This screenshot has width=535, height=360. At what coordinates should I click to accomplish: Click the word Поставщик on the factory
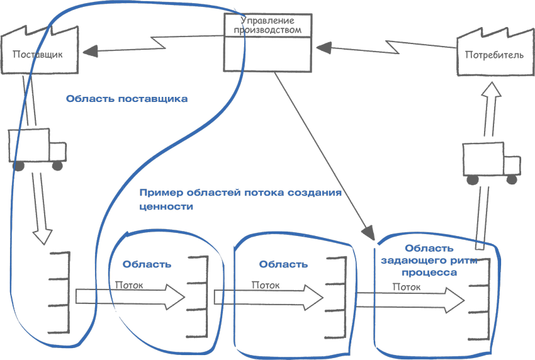coord(38,54)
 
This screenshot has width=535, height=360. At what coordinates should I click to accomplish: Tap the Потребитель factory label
coord(493,55)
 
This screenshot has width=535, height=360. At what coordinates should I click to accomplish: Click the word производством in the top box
coord(267,30)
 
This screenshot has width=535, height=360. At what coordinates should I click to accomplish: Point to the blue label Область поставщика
coord(127,99)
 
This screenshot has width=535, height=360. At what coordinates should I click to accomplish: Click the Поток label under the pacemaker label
coord(408,287)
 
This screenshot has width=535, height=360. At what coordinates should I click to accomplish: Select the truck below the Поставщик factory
coord(38,150)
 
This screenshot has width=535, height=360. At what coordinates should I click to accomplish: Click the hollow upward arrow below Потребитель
coord(490,107)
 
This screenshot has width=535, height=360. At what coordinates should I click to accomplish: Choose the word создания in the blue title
coord(317,193)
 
